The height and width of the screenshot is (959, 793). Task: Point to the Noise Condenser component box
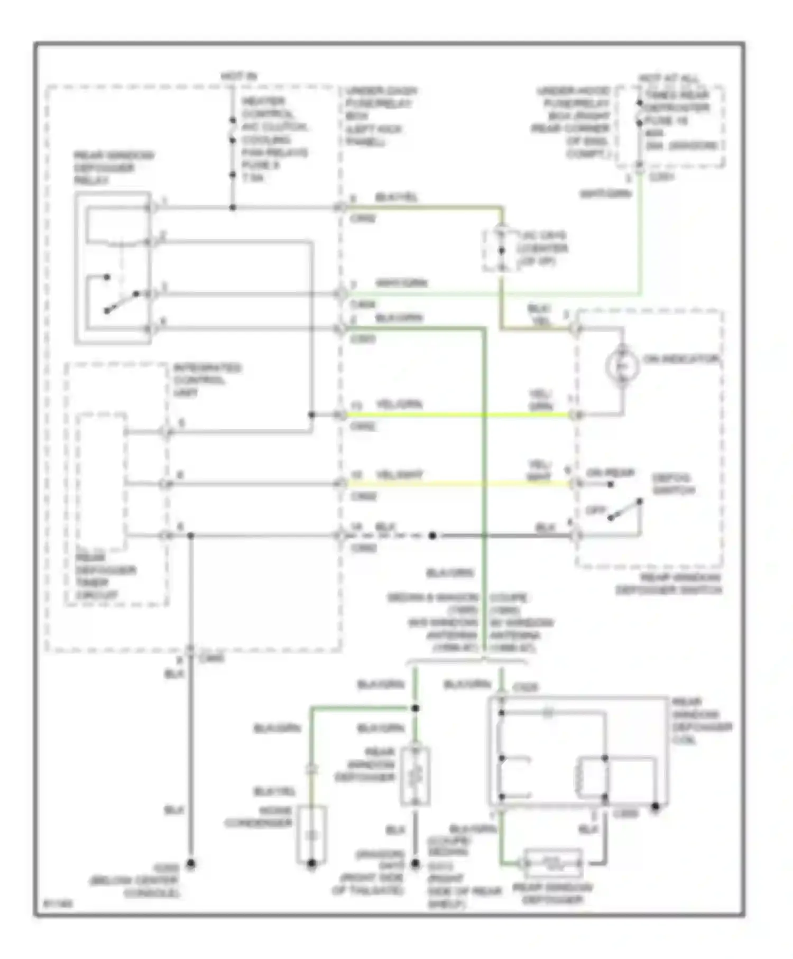tap(311, 834)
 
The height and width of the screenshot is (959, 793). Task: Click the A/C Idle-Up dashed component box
tap(501, 250)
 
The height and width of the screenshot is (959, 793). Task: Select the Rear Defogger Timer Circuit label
tap(106, 576)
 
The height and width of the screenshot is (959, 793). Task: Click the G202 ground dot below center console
tap(191, 864)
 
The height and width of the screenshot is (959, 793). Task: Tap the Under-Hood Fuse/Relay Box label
tap(573, 122)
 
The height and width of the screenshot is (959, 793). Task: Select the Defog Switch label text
tap(672, 484)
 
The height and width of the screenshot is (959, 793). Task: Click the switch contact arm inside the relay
tap(122, 302)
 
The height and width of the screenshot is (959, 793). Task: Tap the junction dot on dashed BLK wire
tap(432, 536)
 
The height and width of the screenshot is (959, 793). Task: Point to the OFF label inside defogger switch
tap(595, 511)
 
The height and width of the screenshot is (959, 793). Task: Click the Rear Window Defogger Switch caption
tap(669, 584)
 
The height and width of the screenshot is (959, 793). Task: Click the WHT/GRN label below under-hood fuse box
tap(605, 194)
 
